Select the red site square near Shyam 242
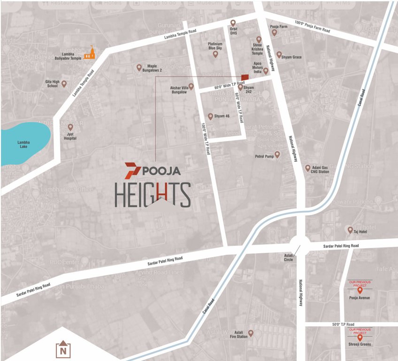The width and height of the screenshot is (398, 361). tap(244, 77)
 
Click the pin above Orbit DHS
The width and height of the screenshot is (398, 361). tap(233, 23)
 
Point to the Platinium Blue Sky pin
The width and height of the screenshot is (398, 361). tap(215, 55)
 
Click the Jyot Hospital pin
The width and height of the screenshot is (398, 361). tap(70, 127)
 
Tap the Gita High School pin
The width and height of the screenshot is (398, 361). tap(64, 84)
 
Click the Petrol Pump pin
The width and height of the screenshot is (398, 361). tap(277, 154)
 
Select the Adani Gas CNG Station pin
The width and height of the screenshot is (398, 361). tap(308, 167)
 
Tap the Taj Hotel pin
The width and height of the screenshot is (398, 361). tap(350, 230)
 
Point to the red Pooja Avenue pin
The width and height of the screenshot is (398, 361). tap(360, 290)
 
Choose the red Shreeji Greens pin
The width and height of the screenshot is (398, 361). tap(360, 337)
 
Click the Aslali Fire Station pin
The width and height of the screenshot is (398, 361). tap(251, 333)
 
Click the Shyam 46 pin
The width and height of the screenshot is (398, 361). tap(210, 116)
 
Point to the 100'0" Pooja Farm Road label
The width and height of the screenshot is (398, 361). tap(312, 27)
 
